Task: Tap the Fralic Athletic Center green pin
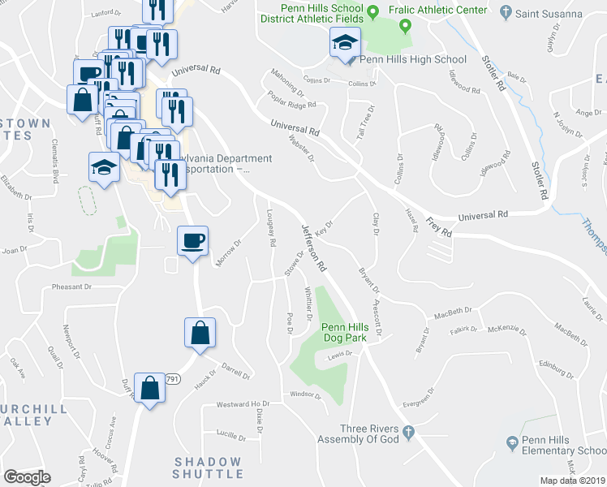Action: click(372, 11)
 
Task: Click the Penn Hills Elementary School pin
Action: click(512, 443)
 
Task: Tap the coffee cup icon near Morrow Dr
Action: click(193, 241)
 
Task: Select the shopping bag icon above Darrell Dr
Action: click(200, 333)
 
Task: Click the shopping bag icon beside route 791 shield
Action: click(150, 389)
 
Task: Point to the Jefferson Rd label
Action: click(314, 247)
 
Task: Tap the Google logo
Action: click(27, 476)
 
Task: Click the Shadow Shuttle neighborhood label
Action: click(208, 468)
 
